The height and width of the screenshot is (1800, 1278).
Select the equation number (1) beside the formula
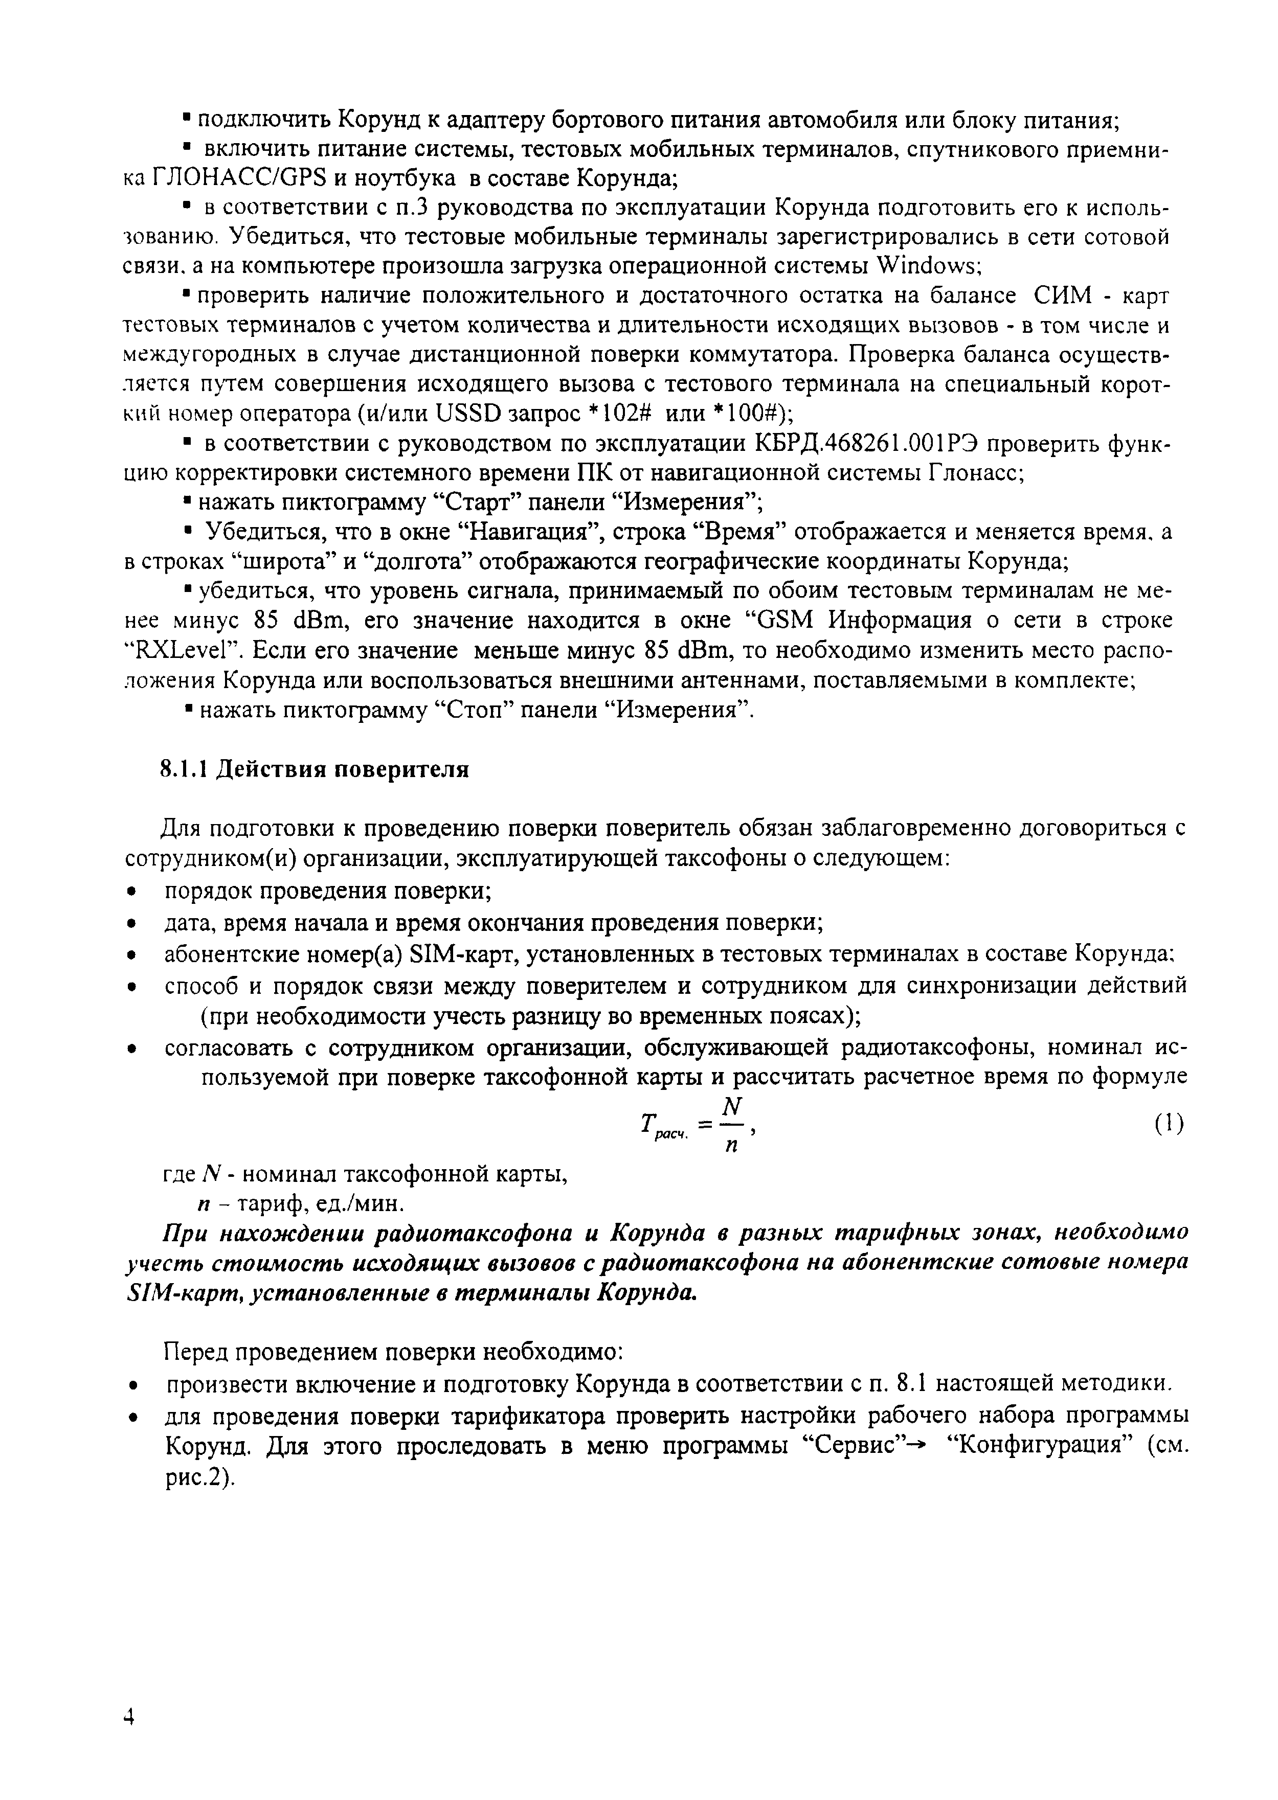click(1170, 1125)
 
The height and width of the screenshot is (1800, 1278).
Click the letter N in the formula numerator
click(732, 1107)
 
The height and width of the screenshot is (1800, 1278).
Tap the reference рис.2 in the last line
click(195, 1477)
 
